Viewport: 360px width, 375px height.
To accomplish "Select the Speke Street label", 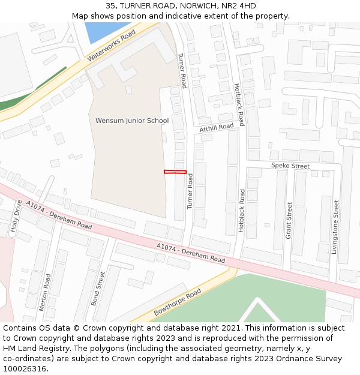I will (290, 166).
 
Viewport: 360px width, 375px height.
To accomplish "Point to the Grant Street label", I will (289, 220).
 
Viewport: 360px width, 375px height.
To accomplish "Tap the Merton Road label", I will (44, 292).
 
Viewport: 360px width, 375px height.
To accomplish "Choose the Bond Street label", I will (98, 288).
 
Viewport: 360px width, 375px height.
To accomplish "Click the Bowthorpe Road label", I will (177, 302).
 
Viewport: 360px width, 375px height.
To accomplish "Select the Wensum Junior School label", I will (132, 121).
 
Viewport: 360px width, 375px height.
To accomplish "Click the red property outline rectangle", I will (175, 172).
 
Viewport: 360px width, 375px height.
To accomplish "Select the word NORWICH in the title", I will (196, 6).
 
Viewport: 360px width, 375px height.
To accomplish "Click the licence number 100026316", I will (25, 369).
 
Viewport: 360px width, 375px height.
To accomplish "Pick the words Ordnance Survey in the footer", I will (312, 359).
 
